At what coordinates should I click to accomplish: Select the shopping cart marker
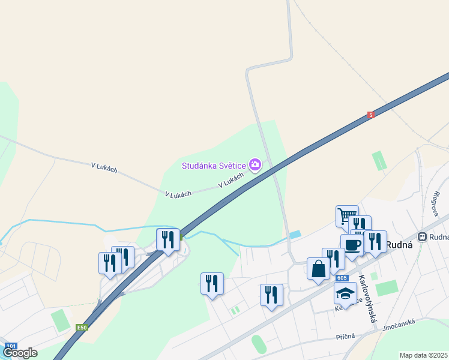click(346, 215)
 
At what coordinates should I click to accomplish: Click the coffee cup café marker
click(352, 244)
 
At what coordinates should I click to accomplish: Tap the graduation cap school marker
click(345, 293)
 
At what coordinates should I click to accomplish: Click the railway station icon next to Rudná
click(423, 236)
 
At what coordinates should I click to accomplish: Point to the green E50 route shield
click(82, 328)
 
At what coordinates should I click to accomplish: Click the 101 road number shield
click(11, 346)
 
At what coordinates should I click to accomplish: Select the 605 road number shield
click(342, 278)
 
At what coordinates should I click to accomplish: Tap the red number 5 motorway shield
click(371, 115)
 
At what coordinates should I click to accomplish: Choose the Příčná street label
click(346, 338)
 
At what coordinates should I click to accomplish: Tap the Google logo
click(20, 353)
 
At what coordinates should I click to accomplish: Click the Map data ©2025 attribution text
click(423, 355)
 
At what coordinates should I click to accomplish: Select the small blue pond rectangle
click(295, 235)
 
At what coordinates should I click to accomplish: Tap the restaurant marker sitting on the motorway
click(167, 239)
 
